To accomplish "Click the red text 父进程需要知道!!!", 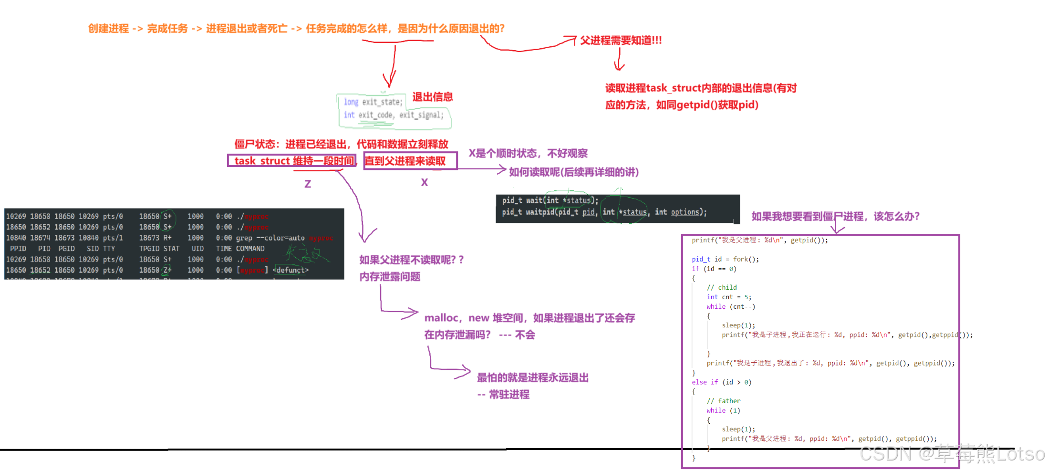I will tap(621, 41).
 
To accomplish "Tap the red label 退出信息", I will tap(432, 97).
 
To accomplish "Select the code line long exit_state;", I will tap(373, 102).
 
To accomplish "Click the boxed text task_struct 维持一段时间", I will tap(292, 161).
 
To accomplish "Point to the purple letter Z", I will tap(308, 184).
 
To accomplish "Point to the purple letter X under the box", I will tap(424, 182).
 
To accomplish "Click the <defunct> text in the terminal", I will tap(290, 270).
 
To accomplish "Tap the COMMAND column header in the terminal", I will tap(250, 249).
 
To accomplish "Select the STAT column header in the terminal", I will tap(171, 249).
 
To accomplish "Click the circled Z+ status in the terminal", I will tap(167, 270).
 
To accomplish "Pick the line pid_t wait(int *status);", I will tap(549, 200).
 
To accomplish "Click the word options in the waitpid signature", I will tap(686, 212).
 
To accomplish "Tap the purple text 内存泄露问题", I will tap(390, 277).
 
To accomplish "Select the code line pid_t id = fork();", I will tap(725, 259).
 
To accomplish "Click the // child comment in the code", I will tap(722, 287).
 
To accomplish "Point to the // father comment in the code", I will tap(724, 401).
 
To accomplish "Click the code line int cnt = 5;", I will tap(729, 297).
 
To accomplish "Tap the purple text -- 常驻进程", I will tap(503, 395).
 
